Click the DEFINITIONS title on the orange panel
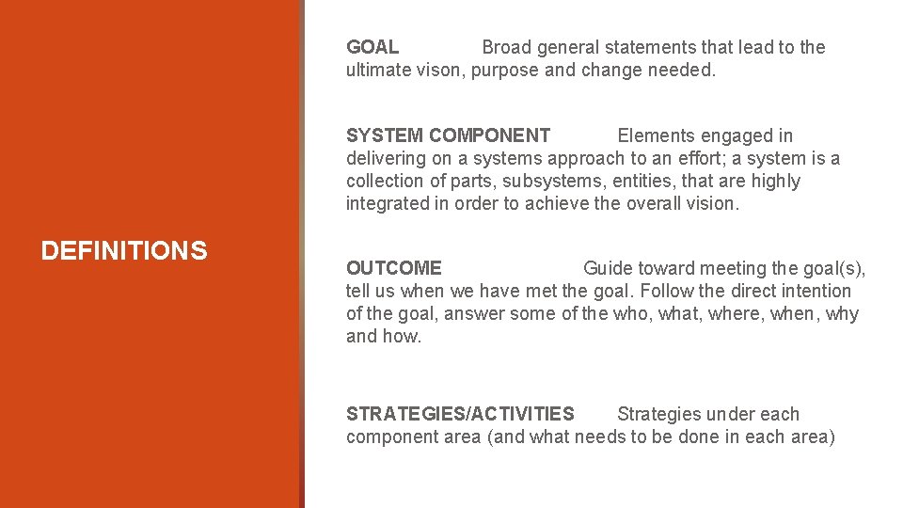click(124, 251)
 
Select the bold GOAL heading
click(372, 47)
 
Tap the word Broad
click(508, 47)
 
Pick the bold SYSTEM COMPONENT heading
click(448, 135)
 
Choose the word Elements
click(656, 135)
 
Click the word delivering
click(387, 158)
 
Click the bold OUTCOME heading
click(393, 268)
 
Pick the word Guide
click(608, 268)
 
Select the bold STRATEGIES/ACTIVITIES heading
click(460, 414)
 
